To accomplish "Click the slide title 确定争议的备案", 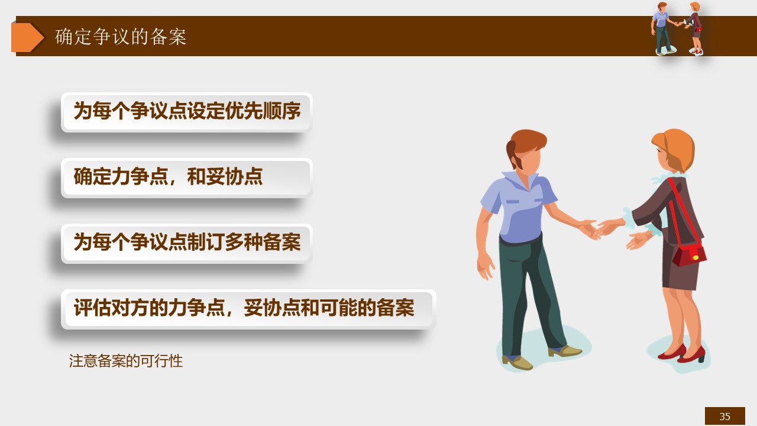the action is [x=121, y=37].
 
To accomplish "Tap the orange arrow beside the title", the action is [x=27, y=37].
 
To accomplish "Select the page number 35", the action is [x=725, y=416].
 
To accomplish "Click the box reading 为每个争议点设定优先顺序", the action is [x=186, y=112].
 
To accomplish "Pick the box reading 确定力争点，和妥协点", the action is [x=186, y=178].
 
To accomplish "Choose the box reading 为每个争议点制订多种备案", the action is [x=186, y=243].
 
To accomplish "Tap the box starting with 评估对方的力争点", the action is [x=248, y=309].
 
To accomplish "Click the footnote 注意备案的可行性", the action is [x=126, y=361].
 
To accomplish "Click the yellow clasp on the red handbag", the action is [x=695, y=257].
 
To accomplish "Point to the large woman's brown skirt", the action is [x=681, y=267].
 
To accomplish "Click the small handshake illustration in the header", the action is [x=678, y=28].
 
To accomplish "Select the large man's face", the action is [x=530, y=160].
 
